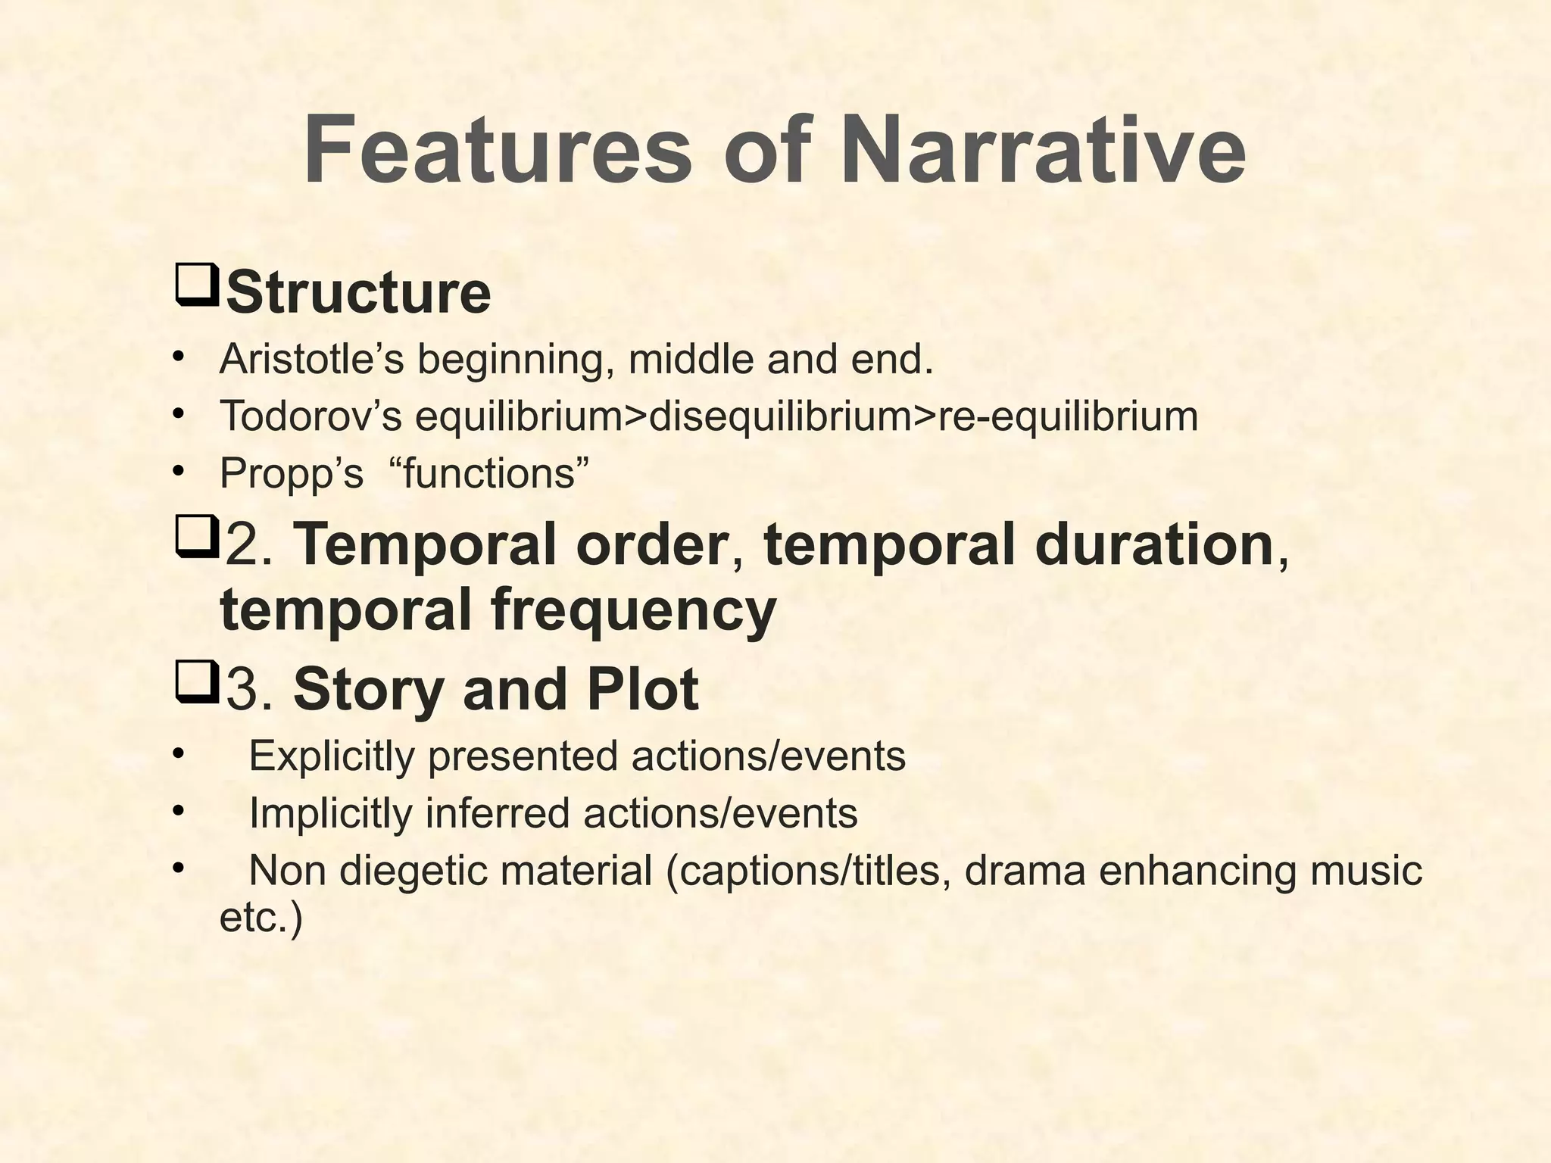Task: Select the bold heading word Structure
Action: [358, 292]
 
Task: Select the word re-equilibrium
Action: [1068, 416]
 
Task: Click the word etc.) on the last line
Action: [261, 918]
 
